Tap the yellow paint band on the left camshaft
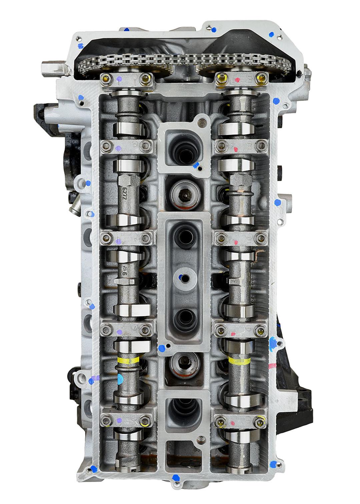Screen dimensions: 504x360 pyautogui.click(x=128, y=360)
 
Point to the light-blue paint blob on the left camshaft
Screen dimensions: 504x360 pyautogui.click(x=120, y=378)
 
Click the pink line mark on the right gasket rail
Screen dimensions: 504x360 pyautogui.click(x=273, y=366)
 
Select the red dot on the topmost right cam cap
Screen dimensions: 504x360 pyautogui.click(x=237, y=79)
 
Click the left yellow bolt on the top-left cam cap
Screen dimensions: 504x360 pyautogui.click(x=106, y=79)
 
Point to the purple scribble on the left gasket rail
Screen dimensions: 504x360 pyautogui.click(x=95, y=378)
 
